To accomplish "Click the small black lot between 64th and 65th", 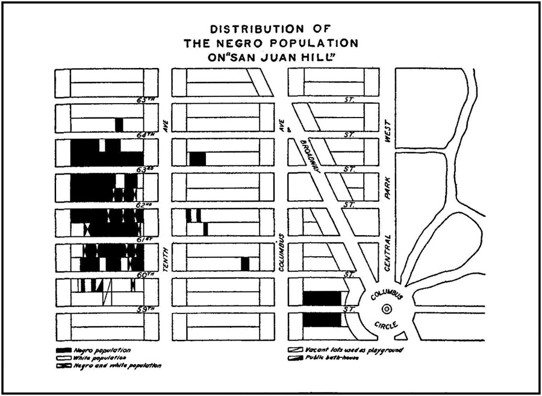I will (119, 125).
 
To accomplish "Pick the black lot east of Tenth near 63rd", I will (198, 159).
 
